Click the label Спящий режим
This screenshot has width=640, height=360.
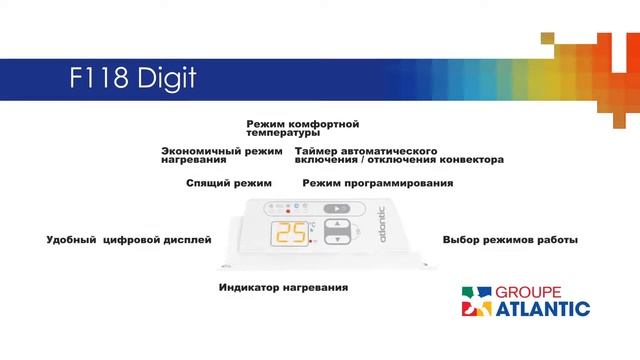coord(229,184)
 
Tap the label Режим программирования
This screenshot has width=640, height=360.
coord(378,184)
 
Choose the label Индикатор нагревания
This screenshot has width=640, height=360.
coord(283,288)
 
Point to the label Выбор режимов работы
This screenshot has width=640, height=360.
coord(510,240)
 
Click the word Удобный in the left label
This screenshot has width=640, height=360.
coord(71,240)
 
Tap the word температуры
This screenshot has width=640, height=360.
coord(283,133)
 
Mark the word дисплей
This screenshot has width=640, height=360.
coord(189,240)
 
